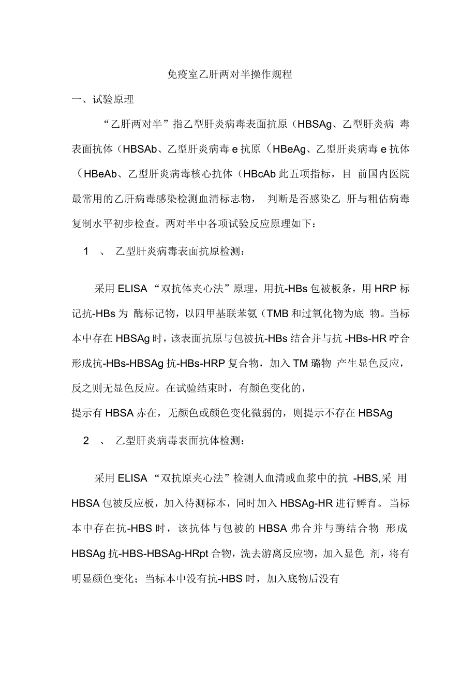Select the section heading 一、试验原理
point(102,99)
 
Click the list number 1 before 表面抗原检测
point(86,251)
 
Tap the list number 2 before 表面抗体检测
point(86,441)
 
